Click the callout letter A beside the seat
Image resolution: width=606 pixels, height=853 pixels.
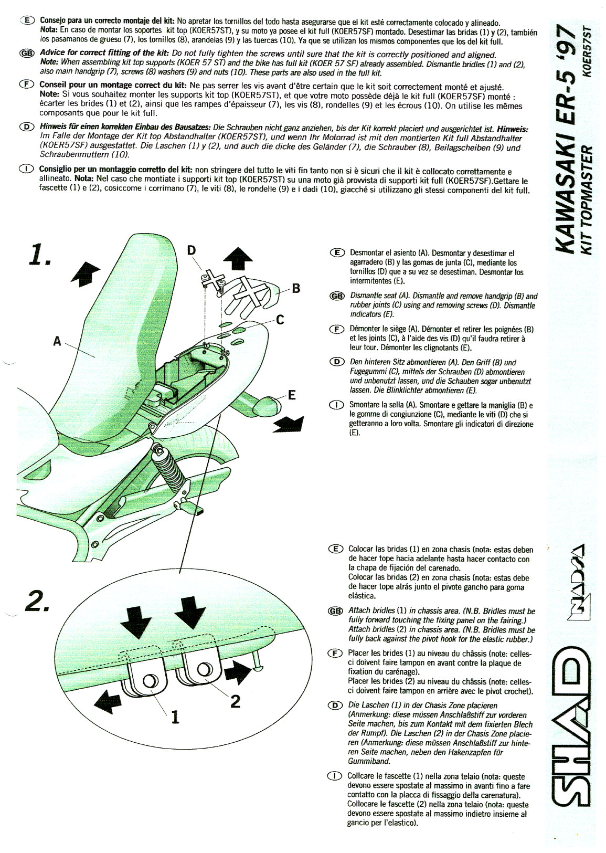tap(57, 341)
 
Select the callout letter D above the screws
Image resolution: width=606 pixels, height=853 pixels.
tap(192, 251)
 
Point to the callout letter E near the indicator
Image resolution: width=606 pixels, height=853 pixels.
tap(292, 394)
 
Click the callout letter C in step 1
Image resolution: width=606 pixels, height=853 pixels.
tap(280, 320)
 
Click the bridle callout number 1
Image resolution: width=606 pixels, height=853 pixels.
tap(175, 717)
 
